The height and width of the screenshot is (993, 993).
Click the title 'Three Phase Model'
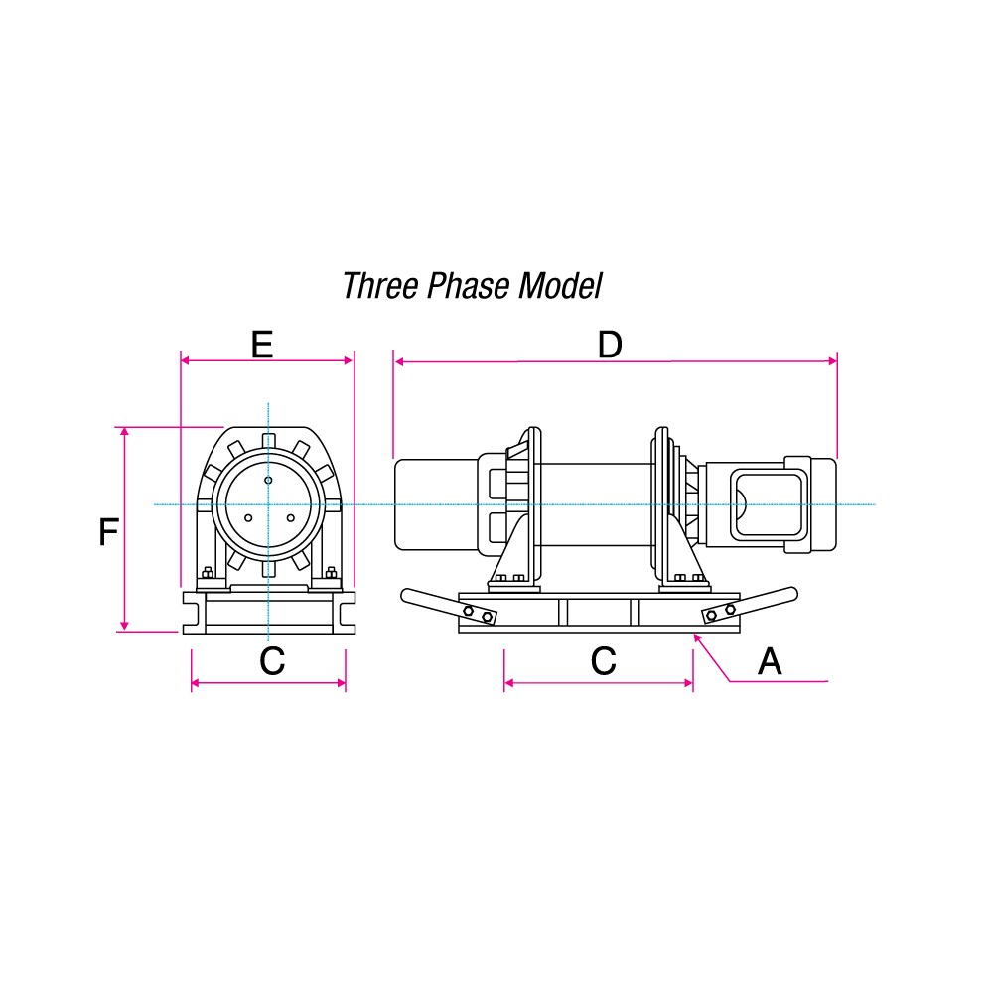472,286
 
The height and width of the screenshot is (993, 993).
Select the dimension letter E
262,345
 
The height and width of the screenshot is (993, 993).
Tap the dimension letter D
610,346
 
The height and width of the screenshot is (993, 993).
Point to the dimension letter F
109,532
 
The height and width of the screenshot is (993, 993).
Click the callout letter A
770,661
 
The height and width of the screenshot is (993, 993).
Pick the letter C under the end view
272,661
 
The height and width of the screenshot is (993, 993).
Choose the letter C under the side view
603,661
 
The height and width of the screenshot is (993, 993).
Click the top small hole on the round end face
268,480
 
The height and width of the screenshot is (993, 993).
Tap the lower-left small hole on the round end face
248,518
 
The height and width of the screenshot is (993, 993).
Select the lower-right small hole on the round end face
291,518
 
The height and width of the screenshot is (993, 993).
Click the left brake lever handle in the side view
449,606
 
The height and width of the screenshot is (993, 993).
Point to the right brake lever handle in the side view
750,606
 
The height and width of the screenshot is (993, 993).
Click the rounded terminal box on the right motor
770,504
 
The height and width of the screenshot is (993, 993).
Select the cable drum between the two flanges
596,504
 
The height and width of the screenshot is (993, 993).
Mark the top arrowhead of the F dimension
125,431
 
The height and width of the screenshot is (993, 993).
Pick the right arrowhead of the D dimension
833,361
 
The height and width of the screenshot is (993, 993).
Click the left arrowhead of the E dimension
185,361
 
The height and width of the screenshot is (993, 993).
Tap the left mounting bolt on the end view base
208,573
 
